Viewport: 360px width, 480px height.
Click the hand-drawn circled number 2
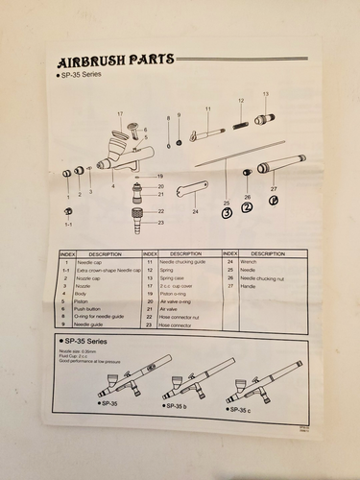point(247,205)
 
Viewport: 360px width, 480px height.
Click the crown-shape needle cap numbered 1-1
point(68,211)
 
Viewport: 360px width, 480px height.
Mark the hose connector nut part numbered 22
point(135,211)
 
